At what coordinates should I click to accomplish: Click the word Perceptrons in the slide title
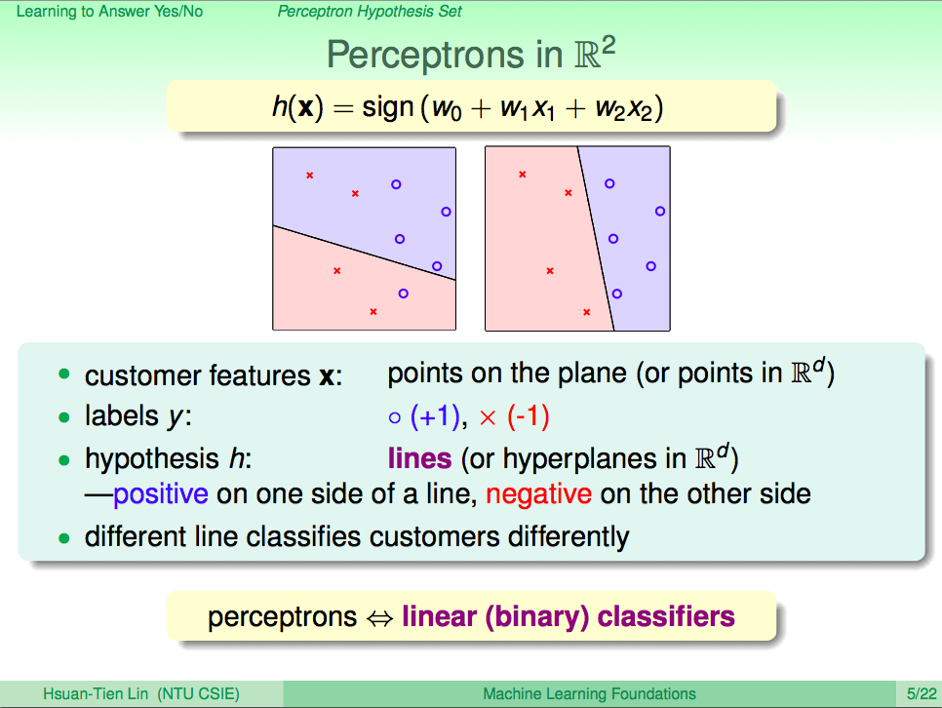[x=425, y=56]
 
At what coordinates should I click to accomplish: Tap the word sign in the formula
[x=387, y=108]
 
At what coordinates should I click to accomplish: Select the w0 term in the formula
[x=447, y=109]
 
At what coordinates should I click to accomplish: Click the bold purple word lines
[x=419, y=458]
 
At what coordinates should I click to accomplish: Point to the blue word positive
[x=160, y=494]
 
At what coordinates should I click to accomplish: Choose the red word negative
[x=539, y=494]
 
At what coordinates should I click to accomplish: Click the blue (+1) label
[x=435, y=415]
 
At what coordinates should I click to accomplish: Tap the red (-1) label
[x=529, y=415]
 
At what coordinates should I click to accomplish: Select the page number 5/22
[x=922, y=694]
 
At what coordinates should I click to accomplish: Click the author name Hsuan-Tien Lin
[x=95, y=694]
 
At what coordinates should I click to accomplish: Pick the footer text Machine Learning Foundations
[x=589, y=694]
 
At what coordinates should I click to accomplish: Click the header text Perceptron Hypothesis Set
[x=370, y=12]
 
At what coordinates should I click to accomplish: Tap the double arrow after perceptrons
[x=379, y=618]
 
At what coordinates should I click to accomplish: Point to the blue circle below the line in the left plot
[x=403, y=294]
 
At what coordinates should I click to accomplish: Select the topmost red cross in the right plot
[x=523, y=175]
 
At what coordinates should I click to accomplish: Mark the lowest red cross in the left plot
[x=373, y=311]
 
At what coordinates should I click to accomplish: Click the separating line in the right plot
[x=596, y=239]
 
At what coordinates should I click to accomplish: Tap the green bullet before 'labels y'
[x=64, y=417]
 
